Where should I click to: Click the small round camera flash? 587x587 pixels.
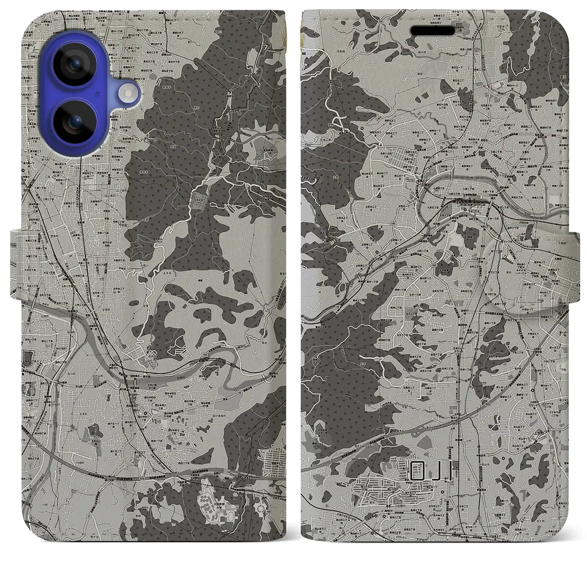tap(127, 94)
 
